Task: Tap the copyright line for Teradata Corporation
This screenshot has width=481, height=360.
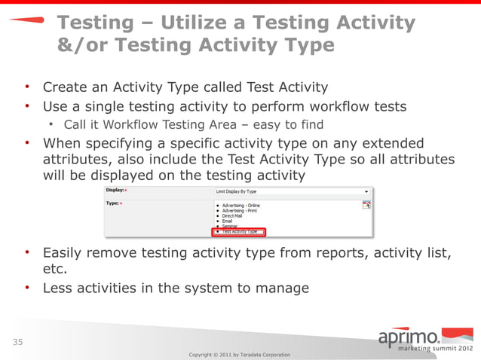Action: pyautogui.click(x=239, y=354)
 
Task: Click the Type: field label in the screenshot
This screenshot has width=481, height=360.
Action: pyautogui.click(x=112, y=203)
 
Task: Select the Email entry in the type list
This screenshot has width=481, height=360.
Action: pyautogui.click(x=228, y=221)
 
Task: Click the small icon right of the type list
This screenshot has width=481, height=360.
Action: pyautogui.click(x=366, y=204)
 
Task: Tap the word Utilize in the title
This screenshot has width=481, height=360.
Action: pyautogui.click(x=191, y=23)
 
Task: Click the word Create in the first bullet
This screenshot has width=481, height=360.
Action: pyautogui.click(x=65, y=87)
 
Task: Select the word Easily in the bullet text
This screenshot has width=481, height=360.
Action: pyautogui.click(x=64, y=252)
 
